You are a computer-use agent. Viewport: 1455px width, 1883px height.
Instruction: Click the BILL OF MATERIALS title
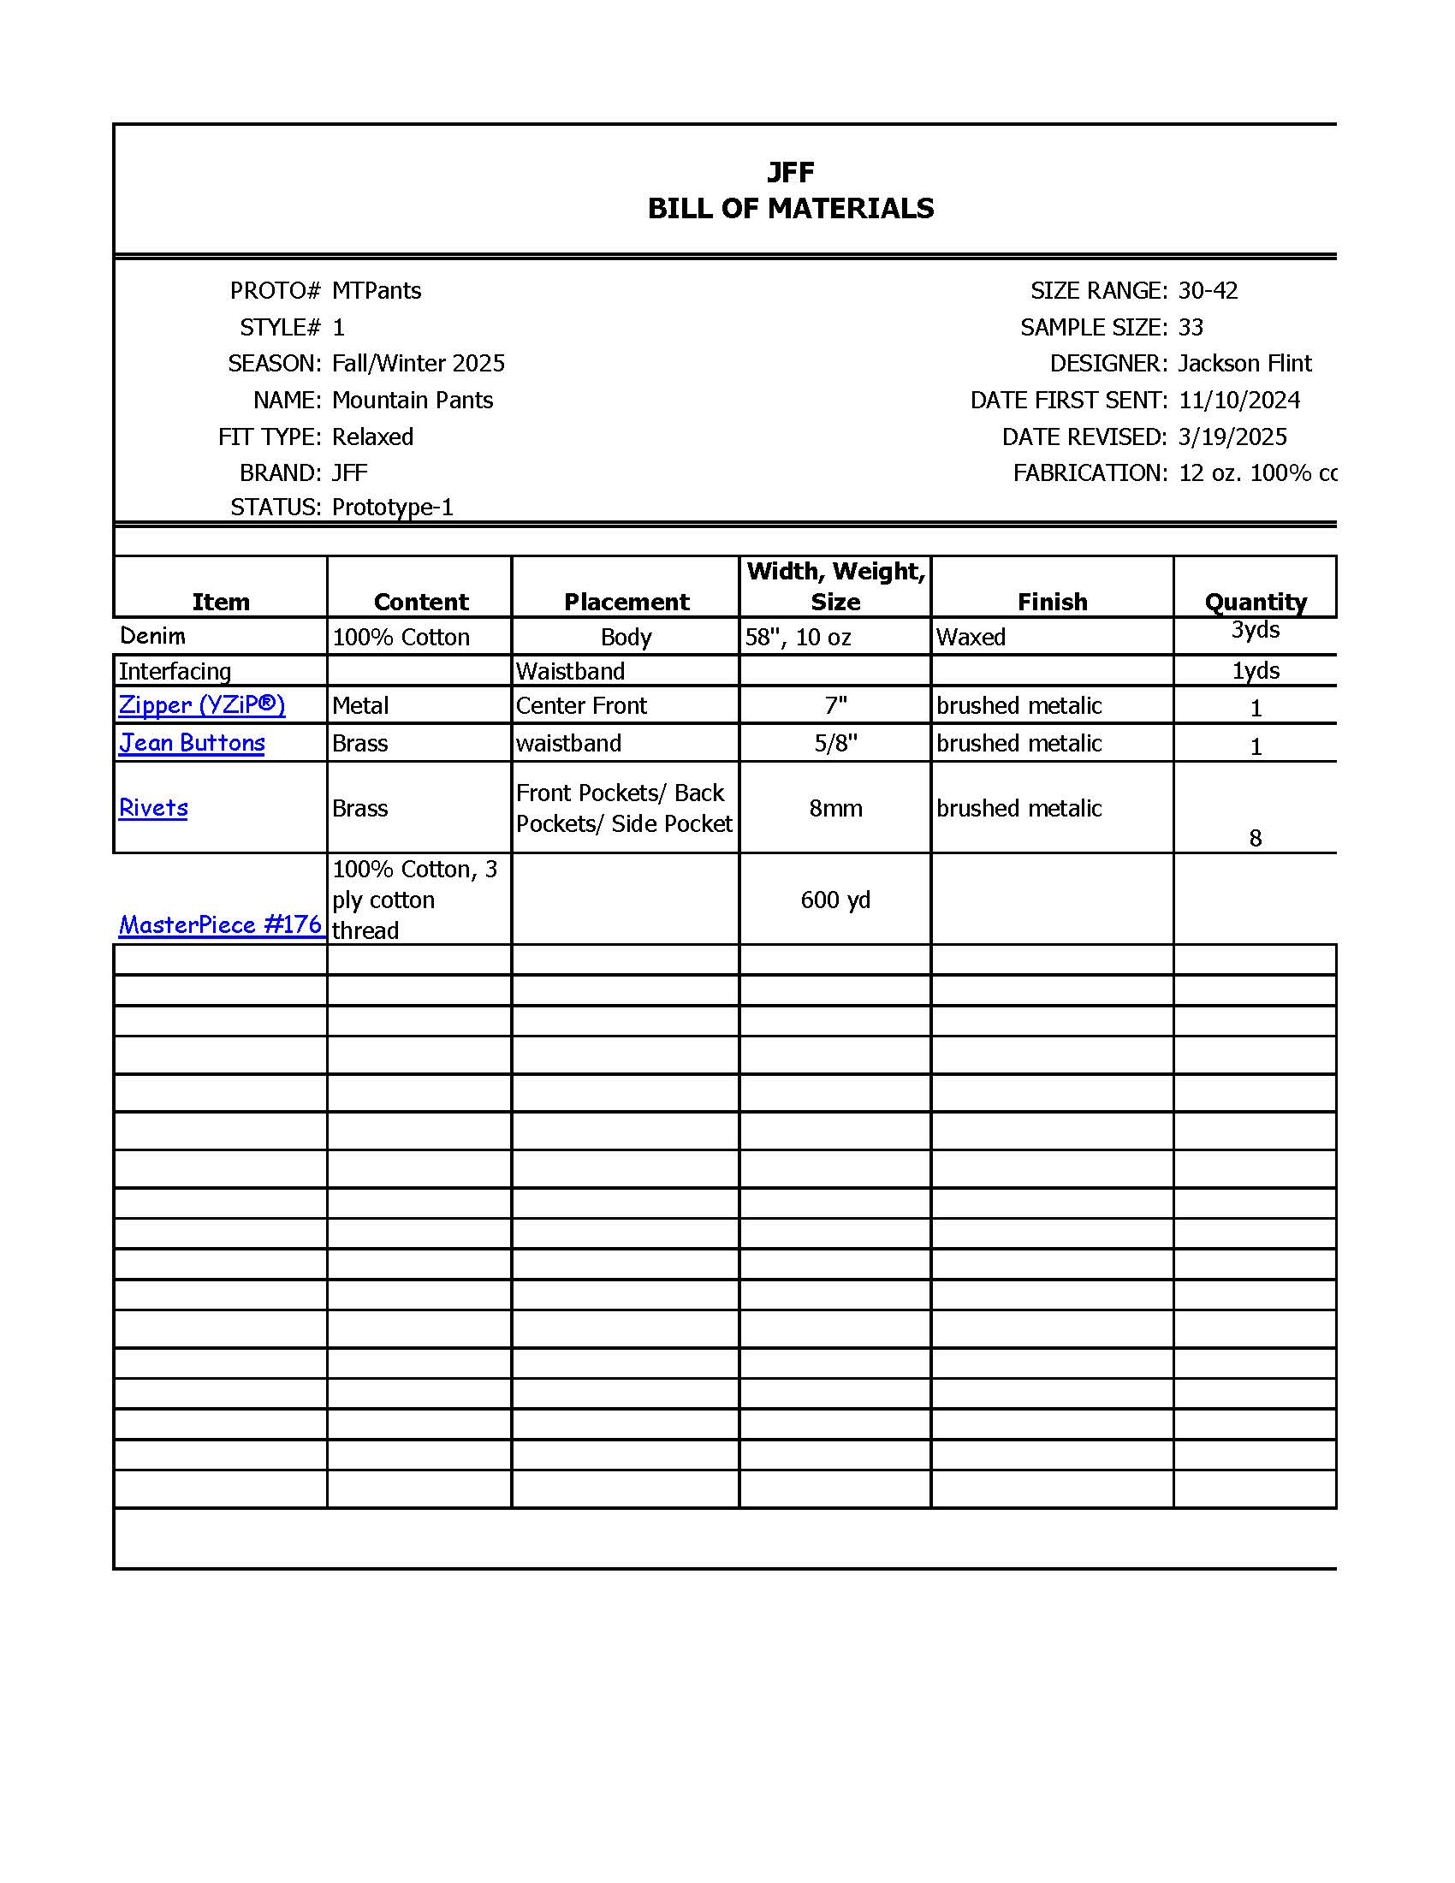click(x=791, y=209)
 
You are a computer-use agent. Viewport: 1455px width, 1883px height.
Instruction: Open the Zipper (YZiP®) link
click(x=202, y=705)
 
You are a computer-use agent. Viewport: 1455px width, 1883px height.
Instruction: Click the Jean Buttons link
click(x=192, y=743)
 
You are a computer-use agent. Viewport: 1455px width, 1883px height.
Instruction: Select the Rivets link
click(x=153, y=808)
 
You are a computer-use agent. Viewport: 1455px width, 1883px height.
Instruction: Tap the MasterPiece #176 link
click(x=220, y=924)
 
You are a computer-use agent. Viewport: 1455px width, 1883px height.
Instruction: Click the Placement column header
click(x=626, y=602)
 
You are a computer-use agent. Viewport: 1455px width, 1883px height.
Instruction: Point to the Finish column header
click(x=1052, y=602)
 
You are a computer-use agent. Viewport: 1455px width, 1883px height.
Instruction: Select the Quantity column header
click(x=1255, y=602)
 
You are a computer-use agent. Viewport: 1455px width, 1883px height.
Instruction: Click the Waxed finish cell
click(x=971, y=637)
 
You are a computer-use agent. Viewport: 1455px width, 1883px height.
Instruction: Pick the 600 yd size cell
click(x=835, y=900)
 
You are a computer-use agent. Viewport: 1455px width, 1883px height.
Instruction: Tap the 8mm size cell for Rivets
click(x=835, y=808)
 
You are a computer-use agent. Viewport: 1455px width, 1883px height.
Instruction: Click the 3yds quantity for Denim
click(x=1255, y=630)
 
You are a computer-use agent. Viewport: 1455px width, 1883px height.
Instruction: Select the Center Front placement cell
click(x=581, y=705)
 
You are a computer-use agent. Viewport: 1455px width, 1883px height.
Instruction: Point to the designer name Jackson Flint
click(x=1244, y=364)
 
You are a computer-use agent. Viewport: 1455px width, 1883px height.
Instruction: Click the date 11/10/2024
click(x=1238, y=400)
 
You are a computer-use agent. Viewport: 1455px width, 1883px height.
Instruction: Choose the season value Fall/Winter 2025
click(x=418, y=364)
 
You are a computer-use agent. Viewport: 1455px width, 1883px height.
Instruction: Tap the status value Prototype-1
click(x=392, y=507)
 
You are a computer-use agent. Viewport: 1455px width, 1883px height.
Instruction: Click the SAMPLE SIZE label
click(x=1093, y=328)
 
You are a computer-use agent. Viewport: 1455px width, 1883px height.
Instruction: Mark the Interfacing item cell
click(x=175, y=671)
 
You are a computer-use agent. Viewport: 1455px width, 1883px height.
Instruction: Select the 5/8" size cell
click(x=835, y=743)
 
